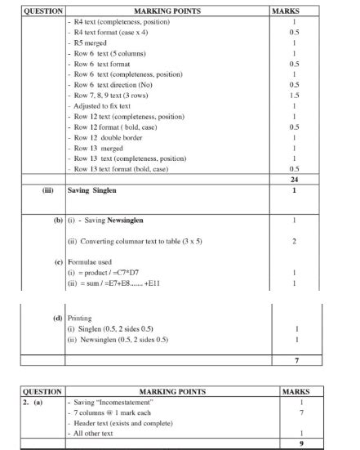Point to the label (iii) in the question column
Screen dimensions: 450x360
[x=48, y=190]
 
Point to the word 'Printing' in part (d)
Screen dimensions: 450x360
[x=82, y=319]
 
